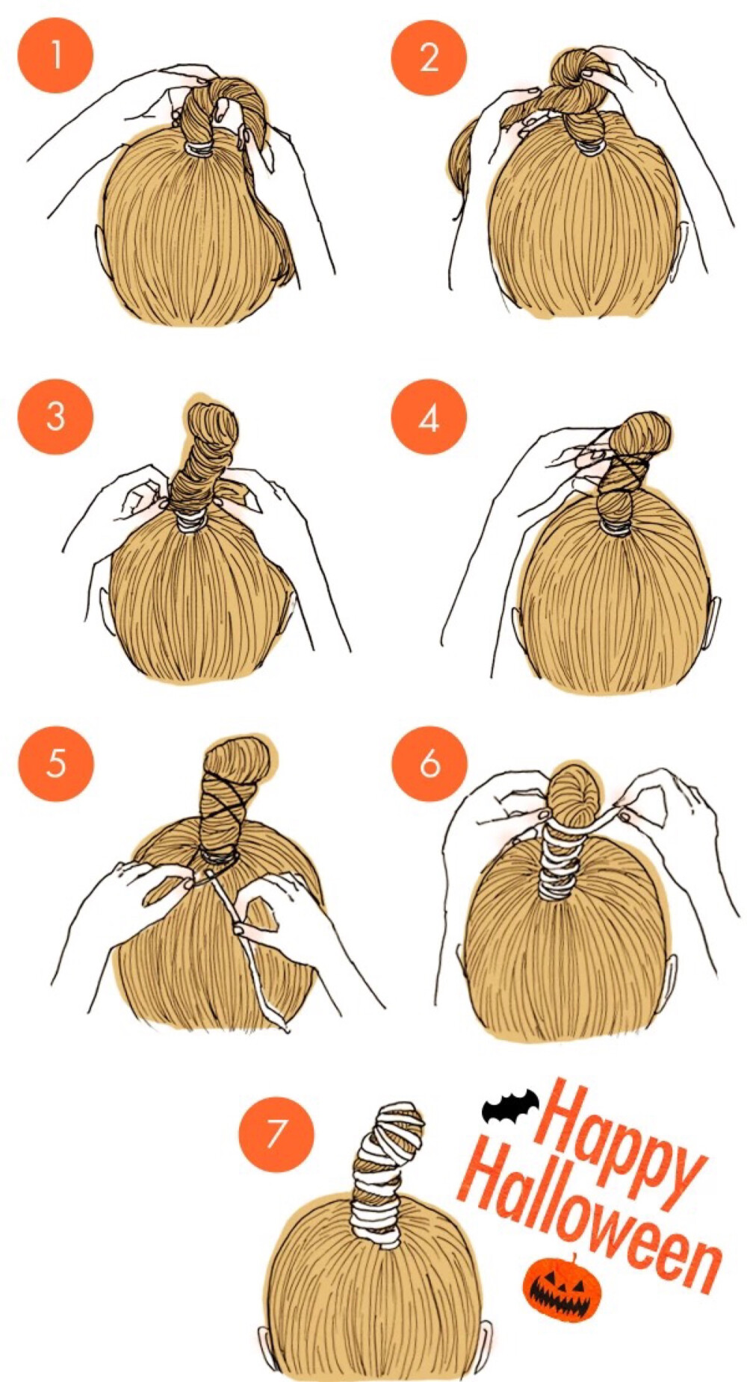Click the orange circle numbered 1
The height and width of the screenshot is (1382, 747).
(55, 55)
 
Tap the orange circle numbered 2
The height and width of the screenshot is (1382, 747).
(429, 57)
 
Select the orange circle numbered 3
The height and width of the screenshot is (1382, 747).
(55, 416)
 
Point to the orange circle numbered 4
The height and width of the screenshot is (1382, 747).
(429, 416)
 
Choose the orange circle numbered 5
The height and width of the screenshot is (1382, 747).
(56, 763)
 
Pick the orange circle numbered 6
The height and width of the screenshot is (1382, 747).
(430, 763)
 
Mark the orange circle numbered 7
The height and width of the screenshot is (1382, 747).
(276, 1133)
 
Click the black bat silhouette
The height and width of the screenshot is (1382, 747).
(510, 1107)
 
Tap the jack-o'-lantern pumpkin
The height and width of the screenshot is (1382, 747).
(562, 1289)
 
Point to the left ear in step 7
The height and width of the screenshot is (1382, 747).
(266, 1345)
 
